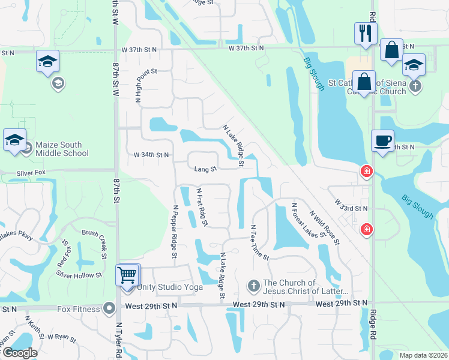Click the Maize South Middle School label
tap(62, 149)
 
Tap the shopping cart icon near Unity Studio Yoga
tap(127, 276)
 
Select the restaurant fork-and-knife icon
tap(366, 34)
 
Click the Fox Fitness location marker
tap(109, 309)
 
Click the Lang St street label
tap(205, 169)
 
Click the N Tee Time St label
tap(259, 242)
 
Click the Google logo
tap(19, 353)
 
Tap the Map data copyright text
tap(423, 355)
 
